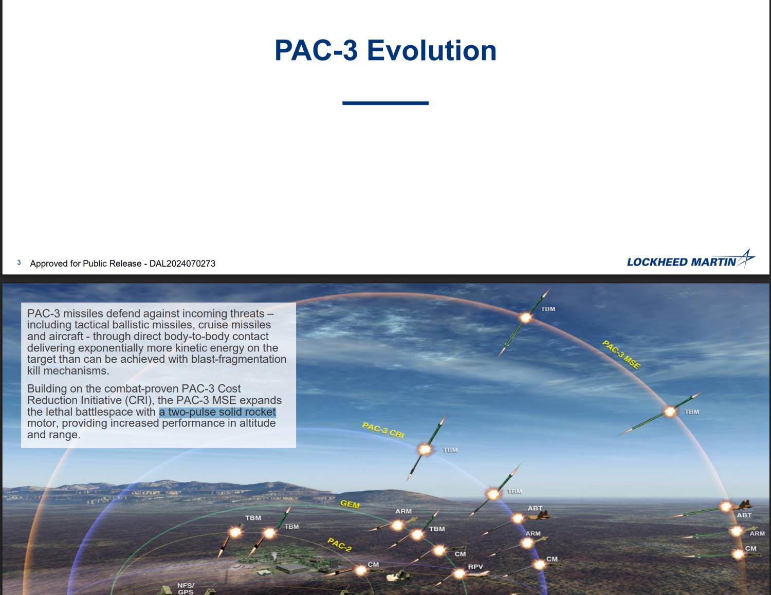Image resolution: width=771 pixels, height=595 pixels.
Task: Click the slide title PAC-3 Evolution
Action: [385, 50]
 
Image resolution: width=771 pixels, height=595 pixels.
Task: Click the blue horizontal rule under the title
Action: [385, 103]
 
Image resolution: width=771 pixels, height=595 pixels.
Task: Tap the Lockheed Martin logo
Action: [690, 259]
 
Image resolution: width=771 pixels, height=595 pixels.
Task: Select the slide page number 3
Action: [19, 263]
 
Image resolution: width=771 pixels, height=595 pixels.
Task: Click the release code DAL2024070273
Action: [182, 264]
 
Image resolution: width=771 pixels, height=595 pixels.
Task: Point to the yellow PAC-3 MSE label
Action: [621, 355]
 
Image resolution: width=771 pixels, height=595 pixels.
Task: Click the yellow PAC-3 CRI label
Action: [383, 430]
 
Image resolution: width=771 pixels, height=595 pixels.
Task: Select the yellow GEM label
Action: [350, 504]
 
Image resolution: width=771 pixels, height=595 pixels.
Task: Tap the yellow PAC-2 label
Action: [340, 545]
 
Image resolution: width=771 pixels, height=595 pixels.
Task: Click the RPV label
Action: [475, 567]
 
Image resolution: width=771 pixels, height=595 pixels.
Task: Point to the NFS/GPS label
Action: [186, 589]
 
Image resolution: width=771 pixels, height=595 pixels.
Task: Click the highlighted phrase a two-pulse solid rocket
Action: [217, 412]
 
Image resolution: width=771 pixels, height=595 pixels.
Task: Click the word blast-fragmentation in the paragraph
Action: [239, 359]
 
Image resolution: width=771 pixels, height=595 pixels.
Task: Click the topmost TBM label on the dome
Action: [548, 309]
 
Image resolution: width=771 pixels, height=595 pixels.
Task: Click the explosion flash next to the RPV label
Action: [459, 573]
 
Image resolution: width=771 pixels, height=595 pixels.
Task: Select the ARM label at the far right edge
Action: [757, 533]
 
